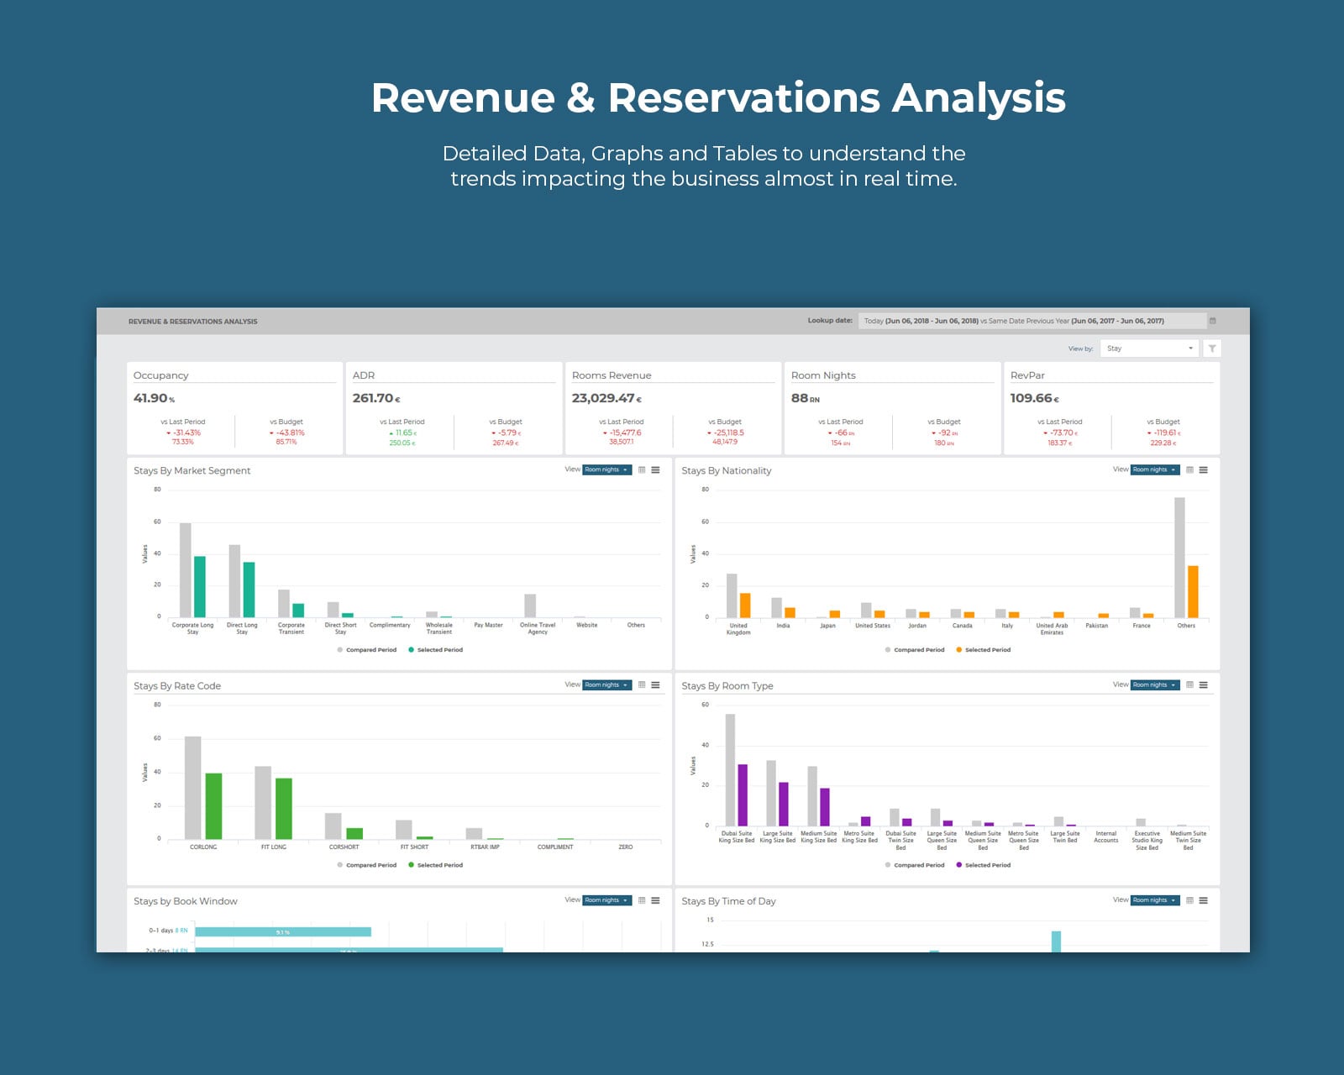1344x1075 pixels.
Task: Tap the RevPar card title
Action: click(1027, 375)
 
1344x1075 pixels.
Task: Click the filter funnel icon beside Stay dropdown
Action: click(1212, 349)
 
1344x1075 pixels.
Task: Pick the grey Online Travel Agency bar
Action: click(530, 606)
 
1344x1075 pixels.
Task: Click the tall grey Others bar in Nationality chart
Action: click(1179, 558)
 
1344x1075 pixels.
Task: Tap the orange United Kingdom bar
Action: click(745, 605)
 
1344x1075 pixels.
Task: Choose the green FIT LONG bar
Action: click(284, 808)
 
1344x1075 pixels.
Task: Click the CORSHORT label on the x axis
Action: click(344, 847)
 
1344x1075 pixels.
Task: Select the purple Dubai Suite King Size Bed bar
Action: click(743, 794)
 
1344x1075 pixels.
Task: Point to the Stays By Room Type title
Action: click(727, 686)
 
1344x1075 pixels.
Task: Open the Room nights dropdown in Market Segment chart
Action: click(607, 470)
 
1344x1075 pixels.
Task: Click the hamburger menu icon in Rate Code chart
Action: click(655, 685)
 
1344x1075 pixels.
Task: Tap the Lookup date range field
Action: click(1032, 321)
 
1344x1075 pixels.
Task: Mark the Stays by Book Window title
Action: click(186, 901)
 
